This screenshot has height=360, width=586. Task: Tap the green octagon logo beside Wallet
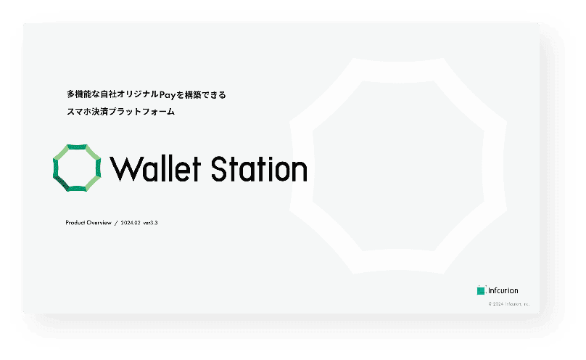(76, 168)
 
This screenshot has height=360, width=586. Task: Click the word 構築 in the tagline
(192, 94)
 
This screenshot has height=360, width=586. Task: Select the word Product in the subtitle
(75, 223)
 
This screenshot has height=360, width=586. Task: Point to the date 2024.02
(131, 223)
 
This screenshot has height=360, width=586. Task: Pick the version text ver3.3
(151, 223)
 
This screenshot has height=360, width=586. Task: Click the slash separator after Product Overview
(116, 223)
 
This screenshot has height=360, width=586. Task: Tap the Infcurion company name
(503, 290)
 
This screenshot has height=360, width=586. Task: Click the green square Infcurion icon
(481, 290)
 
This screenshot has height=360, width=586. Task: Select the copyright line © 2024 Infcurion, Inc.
(508, 304)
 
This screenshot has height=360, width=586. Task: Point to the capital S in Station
(220, 168)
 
